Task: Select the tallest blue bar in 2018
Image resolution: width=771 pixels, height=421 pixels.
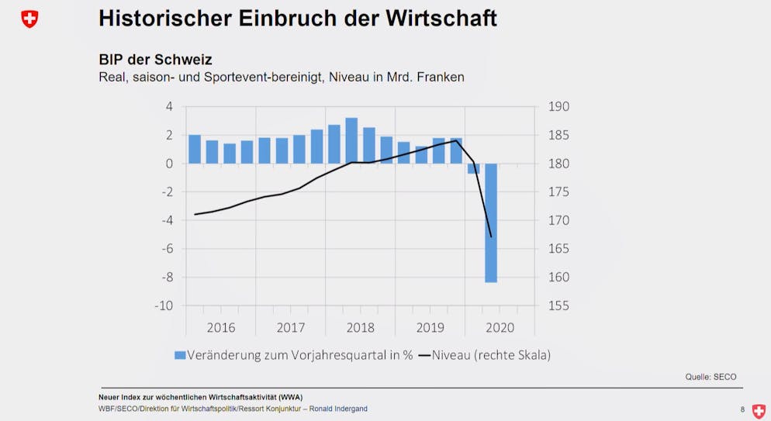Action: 351,140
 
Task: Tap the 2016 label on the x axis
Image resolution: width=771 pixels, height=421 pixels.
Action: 221,328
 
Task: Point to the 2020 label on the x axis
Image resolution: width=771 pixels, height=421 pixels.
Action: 500,328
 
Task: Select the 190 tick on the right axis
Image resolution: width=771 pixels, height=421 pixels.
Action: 558,106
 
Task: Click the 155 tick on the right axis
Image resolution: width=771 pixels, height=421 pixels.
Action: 558,305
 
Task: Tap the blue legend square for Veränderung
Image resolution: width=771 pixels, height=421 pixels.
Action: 180,355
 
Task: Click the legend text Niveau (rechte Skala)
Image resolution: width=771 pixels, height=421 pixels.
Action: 491,355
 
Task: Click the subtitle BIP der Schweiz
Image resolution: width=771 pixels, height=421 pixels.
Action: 155,60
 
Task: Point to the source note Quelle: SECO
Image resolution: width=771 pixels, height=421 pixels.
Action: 710,377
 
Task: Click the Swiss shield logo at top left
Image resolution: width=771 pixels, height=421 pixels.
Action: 29,19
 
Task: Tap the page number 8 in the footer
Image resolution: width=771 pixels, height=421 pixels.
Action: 742,409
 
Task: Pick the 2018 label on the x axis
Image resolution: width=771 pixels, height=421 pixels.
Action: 361,328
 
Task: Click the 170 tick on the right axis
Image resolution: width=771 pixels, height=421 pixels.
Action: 558,220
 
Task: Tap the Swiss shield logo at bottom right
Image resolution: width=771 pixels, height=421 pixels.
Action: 758,411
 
